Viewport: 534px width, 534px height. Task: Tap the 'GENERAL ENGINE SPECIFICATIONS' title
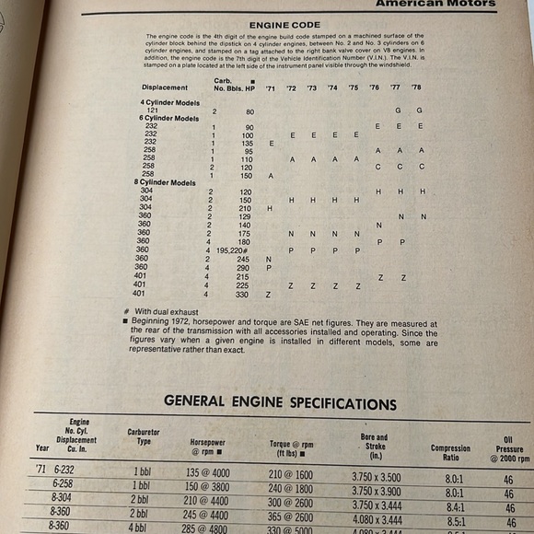pyautogui.click(x=280, y=403)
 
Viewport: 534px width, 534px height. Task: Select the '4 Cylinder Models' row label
pyautogui.click(x=169, y=101)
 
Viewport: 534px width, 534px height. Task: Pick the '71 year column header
pyautogui.click(x=270, y=87)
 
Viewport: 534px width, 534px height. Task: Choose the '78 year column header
pyautogui.click(x=416, y=88)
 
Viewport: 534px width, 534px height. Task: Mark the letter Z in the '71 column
pyautogui.click(x=268, y=295)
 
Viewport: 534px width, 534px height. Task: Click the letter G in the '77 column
pyautogui.click(x=398, y=110)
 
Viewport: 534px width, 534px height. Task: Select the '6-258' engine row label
pyautogui.click(x=63, y=484)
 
